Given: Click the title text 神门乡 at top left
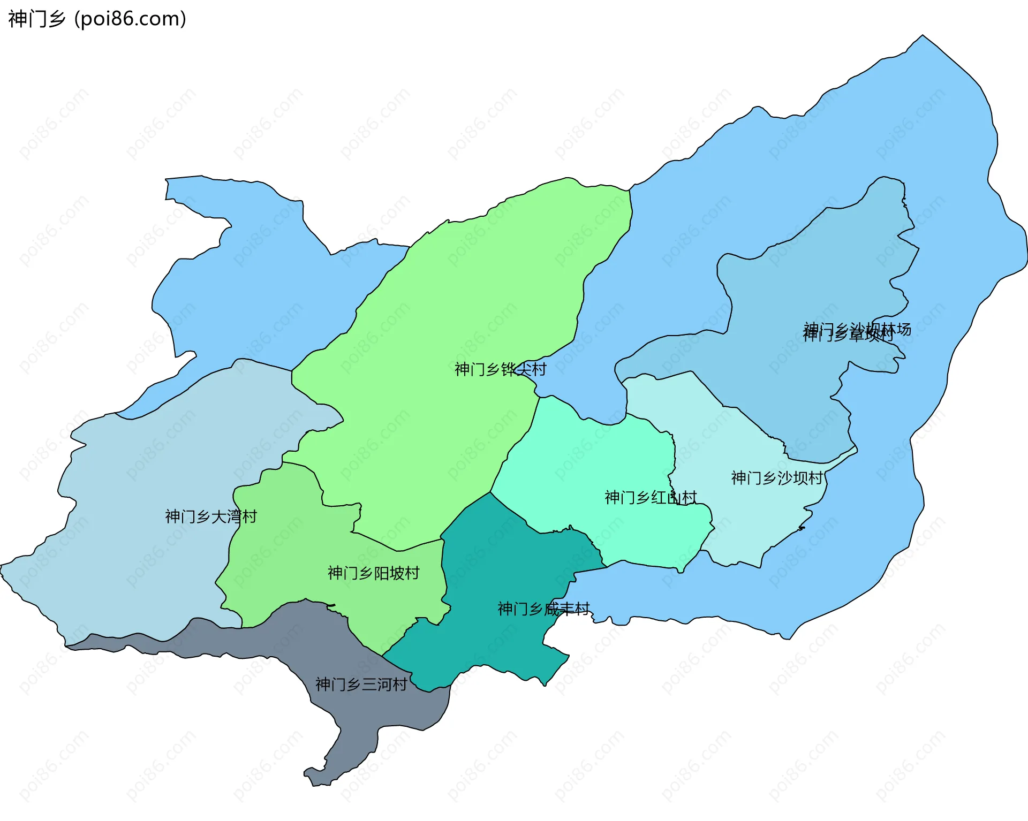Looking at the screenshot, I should [x=36, y=19].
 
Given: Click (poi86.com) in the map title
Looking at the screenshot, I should [x=130, y=19].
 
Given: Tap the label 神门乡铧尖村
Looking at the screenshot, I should [x=500, y=369].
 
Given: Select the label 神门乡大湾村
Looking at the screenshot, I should [x=210, y=516].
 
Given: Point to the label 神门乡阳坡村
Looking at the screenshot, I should [x=373, y=573].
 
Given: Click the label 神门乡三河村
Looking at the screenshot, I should [x=361, y=684].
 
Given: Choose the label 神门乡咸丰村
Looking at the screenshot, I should [x=543, y=609].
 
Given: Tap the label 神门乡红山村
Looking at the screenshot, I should [x=650, y=497].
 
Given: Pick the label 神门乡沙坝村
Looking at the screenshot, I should [x=776, y=478].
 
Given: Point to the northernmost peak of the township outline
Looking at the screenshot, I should [x=922, y=36].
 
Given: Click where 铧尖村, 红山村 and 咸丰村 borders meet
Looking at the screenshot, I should [x=490, y=492].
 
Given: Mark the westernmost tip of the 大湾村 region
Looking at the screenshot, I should [x=2, y=565].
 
